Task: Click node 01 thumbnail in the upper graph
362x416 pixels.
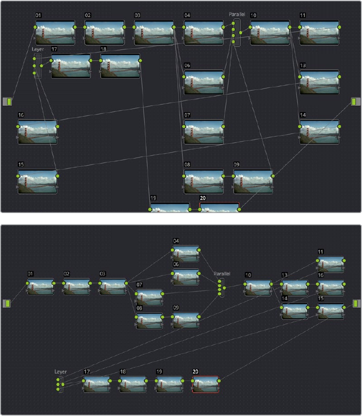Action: pyautogui.click(x=55, y=32)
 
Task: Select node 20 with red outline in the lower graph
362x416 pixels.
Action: pyautogui.click(x=205, y=384)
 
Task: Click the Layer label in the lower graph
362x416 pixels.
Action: pyautogui.click(x=60, y=372)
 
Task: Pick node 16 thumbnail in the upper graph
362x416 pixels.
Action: pyautogui.click(x=37, y=132)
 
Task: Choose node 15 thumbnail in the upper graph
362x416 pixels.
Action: pyautogui.click(x=37, y=181)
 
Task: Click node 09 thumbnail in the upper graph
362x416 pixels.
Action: pyautogui.click(x=253, y=181)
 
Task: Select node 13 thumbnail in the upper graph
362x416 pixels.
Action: pyautogui.click(x=319, y=82)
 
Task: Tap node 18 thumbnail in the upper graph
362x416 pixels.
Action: pyautogui.click(x=120, y=66)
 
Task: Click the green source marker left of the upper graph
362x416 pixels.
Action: pyautogui.click(x=8, y=101)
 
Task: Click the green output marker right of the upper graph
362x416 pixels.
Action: pyautogui.click(x=354, y=101)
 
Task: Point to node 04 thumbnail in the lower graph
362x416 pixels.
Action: pyautogui.click(x=185, y=253)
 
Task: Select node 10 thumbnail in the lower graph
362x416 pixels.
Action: pyautogui.click(x=257, y=288)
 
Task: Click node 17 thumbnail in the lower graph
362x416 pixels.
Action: pyautogui.click(x=96, y=384)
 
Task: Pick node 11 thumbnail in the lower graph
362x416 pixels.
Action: pyautogui.click(x=331, y=264)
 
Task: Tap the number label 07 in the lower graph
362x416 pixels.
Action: pyautogui.click(x=139, y=285)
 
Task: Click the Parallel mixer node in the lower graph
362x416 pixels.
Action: pyautogui.click(x=220, y=287)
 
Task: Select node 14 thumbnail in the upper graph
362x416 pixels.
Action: pyautogui.click(x=319, y=132)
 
